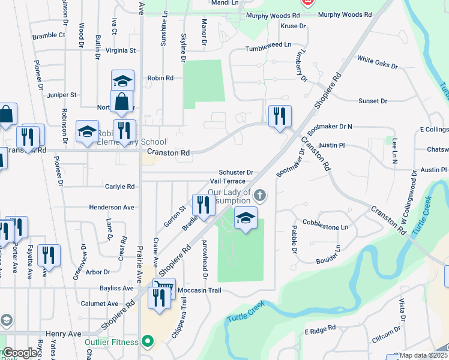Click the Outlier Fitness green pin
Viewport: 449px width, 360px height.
[x=146, y=343]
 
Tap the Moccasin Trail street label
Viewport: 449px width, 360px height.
[x=199, y=290]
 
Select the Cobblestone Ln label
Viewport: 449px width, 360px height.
[x=327, y=227]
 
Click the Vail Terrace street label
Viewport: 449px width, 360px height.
[x=228, y=181]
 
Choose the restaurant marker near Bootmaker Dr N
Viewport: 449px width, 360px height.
[x=280, y=116]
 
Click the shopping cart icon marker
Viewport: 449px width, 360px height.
[x=164, y=288]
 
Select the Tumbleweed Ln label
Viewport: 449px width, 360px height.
[x=268, y=45]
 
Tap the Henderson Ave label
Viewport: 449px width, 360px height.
[x=112, y=207]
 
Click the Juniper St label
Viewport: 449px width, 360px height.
[x=62, y=95]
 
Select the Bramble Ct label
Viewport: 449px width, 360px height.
[x=49, y=35]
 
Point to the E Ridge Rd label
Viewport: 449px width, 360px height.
[x=319, y=331]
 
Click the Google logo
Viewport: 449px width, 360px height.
[x=20, y=353]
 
